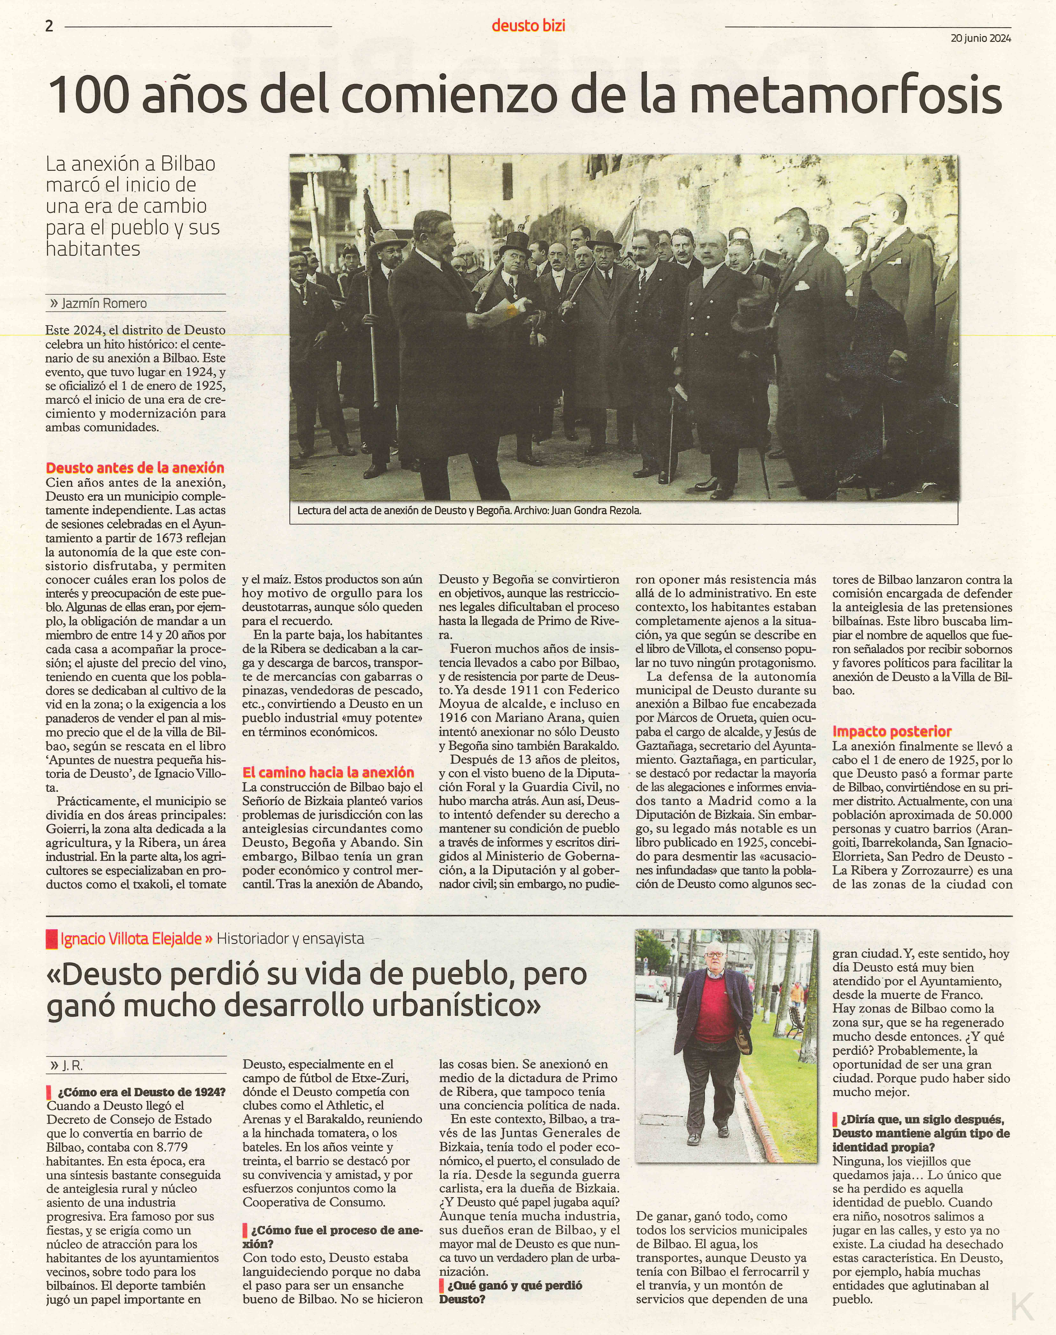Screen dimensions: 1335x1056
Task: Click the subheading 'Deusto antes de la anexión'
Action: (135, 468)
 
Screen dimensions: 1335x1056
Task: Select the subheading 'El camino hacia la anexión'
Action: (328, 772)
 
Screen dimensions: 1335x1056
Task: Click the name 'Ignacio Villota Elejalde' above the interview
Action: (131, 939)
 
